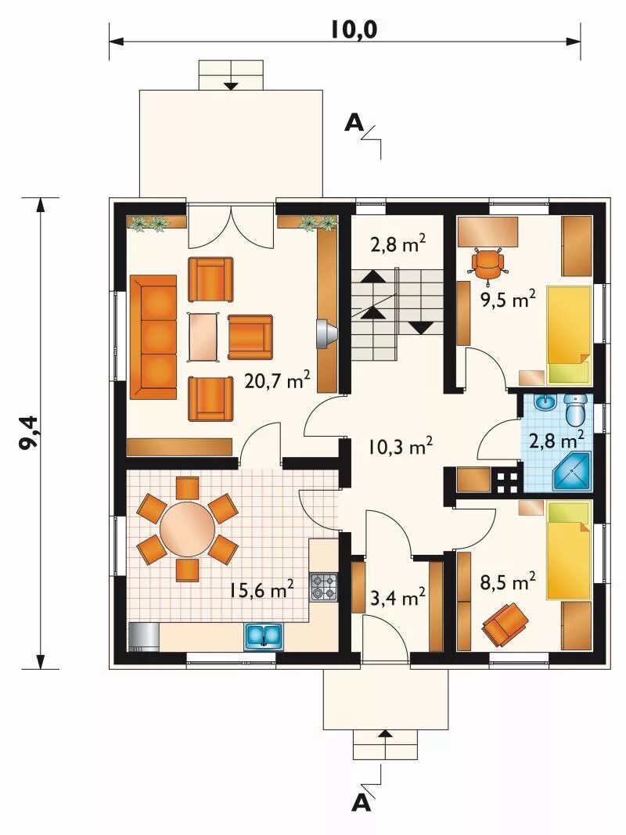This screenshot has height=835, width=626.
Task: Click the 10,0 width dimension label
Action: (x=354, y=30)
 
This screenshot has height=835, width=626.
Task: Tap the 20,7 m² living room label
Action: (x=277, y=380)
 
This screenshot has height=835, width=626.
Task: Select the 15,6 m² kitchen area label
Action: (x=262, y=589)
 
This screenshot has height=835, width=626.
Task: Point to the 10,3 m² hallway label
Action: (x=400, y=446)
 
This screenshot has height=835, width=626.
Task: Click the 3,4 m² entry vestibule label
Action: (x=397, y=597)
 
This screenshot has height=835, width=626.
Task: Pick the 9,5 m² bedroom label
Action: (x=508, y=299)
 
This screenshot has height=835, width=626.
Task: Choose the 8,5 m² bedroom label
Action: (x=508, y=581)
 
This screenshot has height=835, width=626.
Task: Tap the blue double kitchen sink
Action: (x=264, y=635)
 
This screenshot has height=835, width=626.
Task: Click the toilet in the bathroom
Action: (x=575, y=409)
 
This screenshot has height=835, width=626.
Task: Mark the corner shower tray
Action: (x=573, y=471)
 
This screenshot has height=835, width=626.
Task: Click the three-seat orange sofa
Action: (x=153, y=337)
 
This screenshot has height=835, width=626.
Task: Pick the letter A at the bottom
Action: (x=362, y=802)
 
